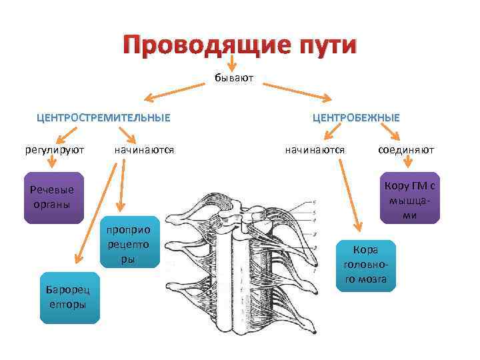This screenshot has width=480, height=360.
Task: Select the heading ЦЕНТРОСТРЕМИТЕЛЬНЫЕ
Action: pos(103,117)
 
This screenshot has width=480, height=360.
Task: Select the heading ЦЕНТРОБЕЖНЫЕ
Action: pos(356,117)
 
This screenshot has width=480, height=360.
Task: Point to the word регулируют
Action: pos(55,150)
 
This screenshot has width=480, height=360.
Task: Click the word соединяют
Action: pos(405,150)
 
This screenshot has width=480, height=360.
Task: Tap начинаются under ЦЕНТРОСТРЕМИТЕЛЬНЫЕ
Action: pos(144,150)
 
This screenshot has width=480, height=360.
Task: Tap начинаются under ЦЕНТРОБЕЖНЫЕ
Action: pos(315,150)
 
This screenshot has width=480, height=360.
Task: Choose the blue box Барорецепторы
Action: pos(69,297)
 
